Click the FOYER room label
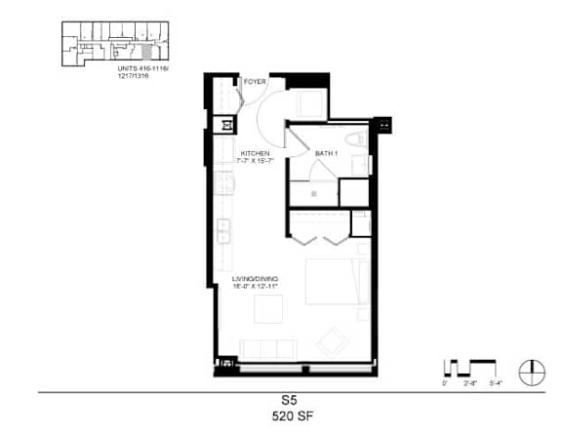pos(256,82)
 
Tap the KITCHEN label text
pos(256,153)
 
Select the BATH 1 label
pos(326,154)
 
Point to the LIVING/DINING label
pos(256,280)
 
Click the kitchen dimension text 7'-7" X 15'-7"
pos(256,162)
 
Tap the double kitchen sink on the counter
pos(223,231)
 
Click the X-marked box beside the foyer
pos(228,125)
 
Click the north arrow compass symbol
pos(531,370)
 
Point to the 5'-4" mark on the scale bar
pos(495,384)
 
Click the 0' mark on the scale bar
pos(446,384)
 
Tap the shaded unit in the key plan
pos(147,48)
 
